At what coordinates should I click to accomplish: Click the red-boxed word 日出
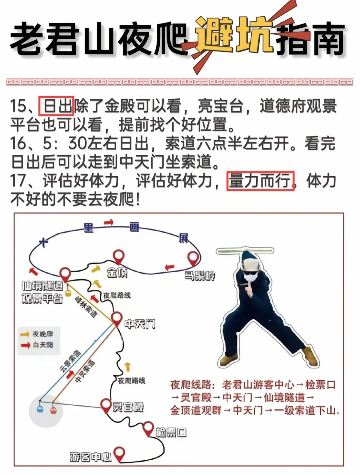pos(56,106)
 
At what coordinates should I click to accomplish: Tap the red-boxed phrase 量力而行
pos(261,181)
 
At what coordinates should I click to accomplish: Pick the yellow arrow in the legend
pos(25,334)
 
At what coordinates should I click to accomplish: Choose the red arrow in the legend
pos(25,345)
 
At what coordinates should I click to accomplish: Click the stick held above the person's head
pos(245,251)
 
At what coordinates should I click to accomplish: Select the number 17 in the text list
pos(18,181)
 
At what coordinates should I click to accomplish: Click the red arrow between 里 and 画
pos(109,222)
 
